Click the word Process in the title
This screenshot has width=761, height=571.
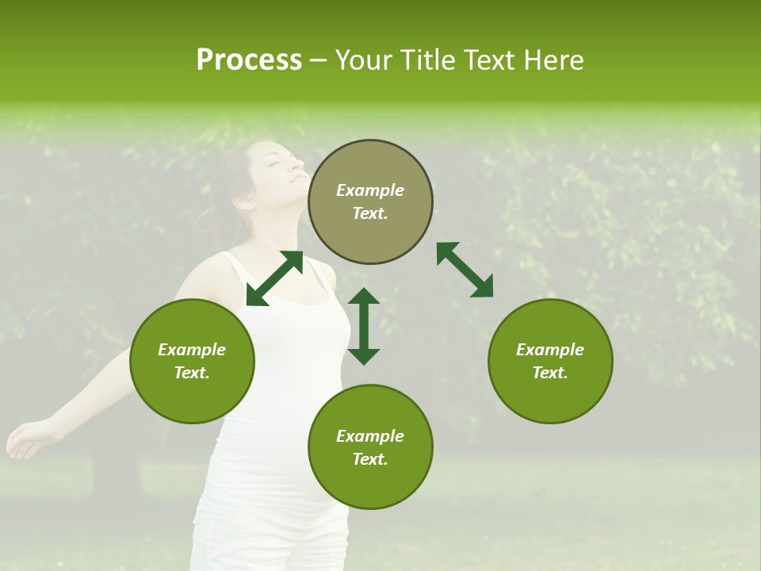click(x=249, y=60)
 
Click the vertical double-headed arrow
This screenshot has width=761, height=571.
click(x=364, y=326)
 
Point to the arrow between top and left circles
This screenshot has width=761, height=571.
click(x=274, y=278)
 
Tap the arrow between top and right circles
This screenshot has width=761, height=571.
click(x=465, y=270)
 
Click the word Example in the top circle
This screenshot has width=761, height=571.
click(x=370, y=190)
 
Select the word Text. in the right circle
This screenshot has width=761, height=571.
click(x=550, y=373)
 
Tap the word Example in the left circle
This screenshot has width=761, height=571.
click(x=192, y=350)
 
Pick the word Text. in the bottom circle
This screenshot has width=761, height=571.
click(x=370, y=459)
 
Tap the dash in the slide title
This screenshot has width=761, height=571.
click(x=318, y=60)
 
